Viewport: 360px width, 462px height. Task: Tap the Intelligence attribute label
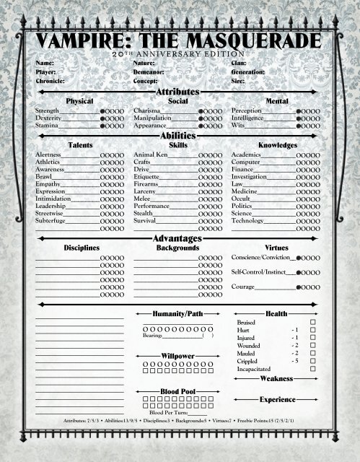coord(249,118)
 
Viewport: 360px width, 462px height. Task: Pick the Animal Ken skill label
coord(151,155)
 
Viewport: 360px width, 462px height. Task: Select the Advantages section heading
coord(179,239)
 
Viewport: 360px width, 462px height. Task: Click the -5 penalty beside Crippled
coord(294,361)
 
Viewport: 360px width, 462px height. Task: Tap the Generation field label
coord(249,73)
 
